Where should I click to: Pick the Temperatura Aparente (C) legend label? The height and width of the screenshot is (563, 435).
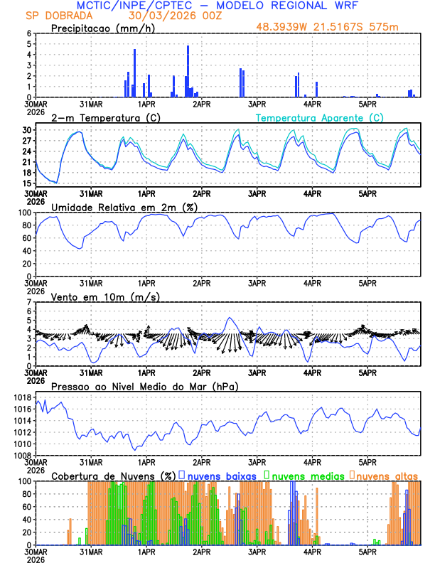tap(319, 117)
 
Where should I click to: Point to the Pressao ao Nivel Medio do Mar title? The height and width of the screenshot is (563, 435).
tap(144, 386)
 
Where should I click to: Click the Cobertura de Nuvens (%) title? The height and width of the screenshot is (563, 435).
tap(113, 475)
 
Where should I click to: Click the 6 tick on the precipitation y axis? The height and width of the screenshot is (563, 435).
tap(28, 33)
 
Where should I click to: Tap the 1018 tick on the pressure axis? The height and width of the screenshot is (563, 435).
tap(23, 397)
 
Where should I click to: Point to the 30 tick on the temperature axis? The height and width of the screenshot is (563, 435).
tap(26, 130)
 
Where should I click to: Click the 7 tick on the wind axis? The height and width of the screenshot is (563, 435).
tap(28, 302)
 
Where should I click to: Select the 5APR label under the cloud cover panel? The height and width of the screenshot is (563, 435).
tap(367, 552)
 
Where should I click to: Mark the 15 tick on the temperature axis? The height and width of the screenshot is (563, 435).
tap(26, 183)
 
